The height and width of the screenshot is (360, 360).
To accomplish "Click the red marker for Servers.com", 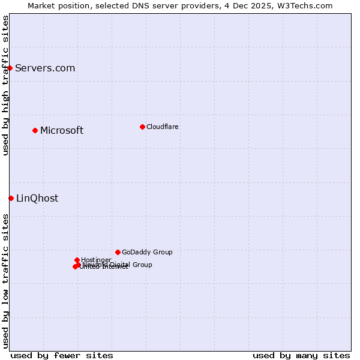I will point(10,68).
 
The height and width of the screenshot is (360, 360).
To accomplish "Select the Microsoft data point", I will point(35,130).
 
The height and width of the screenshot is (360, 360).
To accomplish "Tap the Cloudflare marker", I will point(142,127).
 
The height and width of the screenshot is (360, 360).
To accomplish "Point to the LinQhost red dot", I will point(11,198).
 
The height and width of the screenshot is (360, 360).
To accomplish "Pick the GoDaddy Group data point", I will point(118,252).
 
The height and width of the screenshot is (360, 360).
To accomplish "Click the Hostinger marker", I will point(77,260).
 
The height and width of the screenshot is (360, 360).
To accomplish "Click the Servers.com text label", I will point(45,68).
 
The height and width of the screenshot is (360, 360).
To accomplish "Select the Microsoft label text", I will point(62,130).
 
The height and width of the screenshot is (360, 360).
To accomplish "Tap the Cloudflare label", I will point(162,127).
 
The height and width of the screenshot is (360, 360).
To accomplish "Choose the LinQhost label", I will point(37,198).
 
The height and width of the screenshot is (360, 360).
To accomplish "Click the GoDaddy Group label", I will point(147,252).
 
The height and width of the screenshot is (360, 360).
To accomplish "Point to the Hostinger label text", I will point(96,260).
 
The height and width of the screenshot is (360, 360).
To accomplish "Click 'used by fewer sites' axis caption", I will point(62,355).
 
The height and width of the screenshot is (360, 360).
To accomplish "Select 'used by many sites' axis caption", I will point(301,355).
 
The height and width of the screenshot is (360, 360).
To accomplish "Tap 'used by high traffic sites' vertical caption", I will point(6,85).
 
